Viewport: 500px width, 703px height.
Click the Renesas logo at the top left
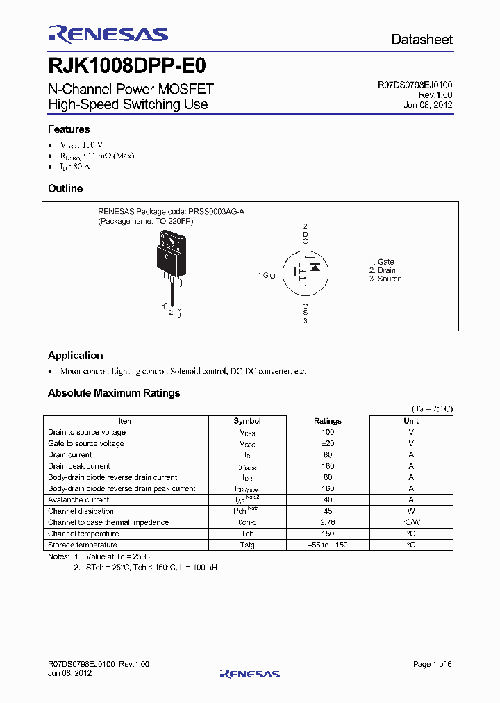tap(108, 34)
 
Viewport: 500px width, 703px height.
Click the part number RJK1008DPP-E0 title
tap(126, 66)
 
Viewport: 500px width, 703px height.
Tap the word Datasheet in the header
tap(422, 40)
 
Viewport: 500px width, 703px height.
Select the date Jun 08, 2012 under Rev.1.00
tap(428, 105)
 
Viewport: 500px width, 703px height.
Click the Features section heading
tap(69, 129)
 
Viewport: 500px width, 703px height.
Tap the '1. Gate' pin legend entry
tap(381, 262)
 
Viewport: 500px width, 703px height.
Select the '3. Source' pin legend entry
tap(385, 279)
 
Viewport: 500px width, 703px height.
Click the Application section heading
tap(75, 356)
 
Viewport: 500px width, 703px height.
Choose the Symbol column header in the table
tap(247, 421)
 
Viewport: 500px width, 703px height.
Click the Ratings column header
tap(328, 421)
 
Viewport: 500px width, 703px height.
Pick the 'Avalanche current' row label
tap(78, 499)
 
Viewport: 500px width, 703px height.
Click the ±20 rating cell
tap(328, 443)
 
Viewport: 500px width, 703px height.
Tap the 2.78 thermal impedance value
tap(328, 522)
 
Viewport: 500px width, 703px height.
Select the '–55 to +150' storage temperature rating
tap(328, 545)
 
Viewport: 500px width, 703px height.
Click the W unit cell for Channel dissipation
tap(411, 511)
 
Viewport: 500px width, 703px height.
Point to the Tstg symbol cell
tap(247, 545)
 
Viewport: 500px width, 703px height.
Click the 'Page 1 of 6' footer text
tap(432, 665)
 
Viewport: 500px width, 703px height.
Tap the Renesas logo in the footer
tap(249, 673)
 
